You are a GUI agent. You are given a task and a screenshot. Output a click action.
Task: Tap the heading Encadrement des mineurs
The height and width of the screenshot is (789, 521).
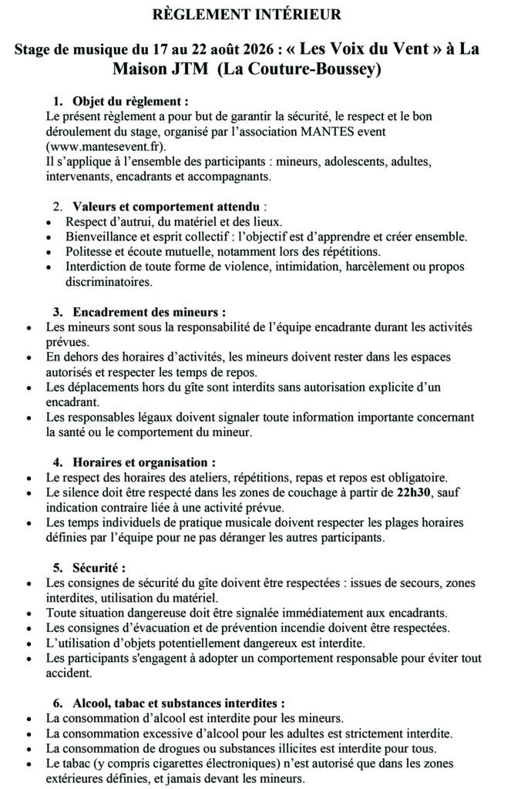[149, 312]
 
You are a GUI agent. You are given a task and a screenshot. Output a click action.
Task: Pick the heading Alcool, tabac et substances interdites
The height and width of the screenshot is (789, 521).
[178, 703]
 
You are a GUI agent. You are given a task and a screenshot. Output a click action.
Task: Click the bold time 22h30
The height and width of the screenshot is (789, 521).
[414, 492]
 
